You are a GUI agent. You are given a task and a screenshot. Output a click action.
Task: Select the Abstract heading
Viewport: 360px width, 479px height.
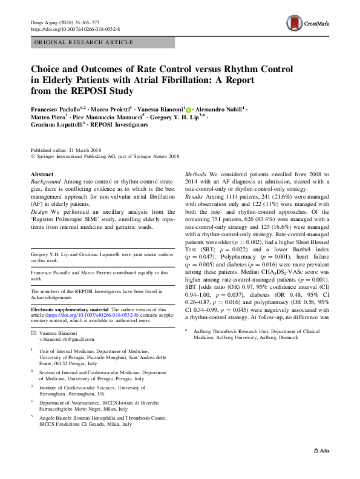point(42,174)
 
